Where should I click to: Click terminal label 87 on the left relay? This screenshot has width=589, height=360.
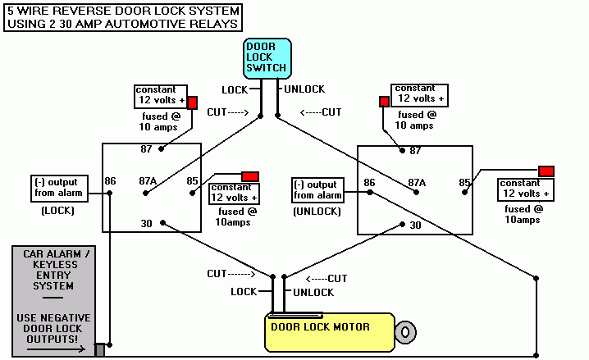click(x=147, y=148)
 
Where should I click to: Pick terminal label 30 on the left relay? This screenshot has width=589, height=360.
click(x=146, y=222)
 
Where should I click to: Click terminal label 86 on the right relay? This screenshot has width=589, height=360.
click(x=370, y=182)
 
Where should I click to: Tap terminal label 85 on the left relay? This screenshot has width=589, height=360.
click(x=194, y=180)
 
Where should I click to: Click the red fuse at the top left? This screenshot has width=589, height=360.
click(x=192, y=103)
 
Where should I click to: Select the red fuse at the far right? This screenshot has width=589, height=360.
click(x=546, y=171)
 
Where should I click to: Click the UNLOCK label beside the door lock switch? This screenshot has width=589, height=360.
click(x=304, y=89)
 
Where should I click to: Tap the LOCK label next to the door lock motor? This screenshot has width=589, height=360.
click(x=244, y=292)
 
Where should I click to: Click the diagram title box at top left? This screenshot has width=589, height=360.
click(x=124, y=17)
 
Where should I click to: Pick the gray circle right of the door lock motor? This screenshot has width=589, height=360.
click(x=404, y=331)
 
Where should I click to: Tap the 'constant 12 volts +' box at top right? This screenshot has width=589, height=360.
click(x=420, y=93)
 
